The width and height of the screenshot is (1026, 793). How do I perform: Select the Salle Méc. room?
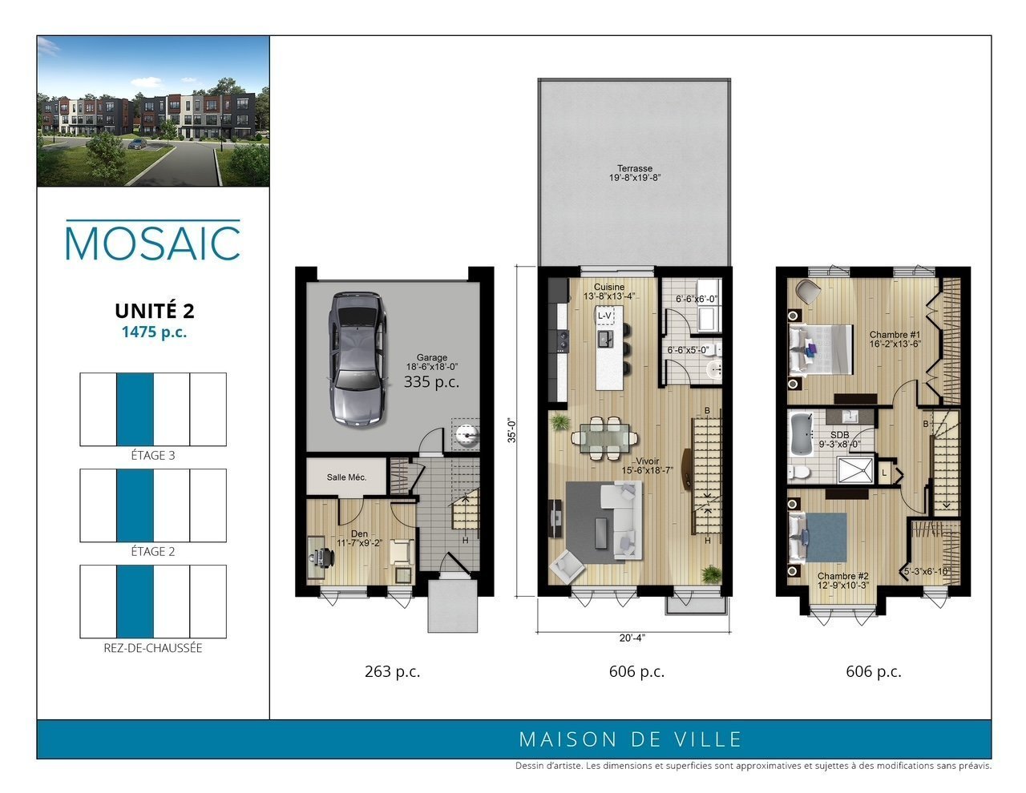coord(346,477)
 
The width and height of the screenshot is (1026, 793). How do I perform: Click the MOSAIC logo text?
coord(153,243)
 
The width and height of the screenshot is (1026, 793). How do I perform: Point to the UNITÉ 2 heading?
coord(155,311)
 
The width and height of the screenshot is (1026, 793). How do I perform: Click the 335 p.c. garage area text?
coord(431,381)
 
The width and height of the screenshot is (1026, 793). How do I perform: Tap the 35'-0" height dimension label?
coord(512,430)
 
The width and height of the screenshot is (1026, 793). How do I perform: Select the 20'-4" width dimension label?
coord(632,638)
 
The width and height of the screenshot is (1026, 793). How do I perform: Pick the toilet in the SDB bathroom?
coord(798,471)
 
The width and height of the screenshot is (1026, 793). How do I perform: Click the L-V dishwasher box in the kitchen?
coord(605,316)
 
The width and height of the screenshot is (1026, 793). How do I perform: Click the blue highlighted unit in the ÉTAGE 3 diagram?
coord(135,409)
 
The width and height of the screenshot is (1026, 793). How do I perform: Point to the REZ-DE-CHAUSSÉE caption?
coord(153,648)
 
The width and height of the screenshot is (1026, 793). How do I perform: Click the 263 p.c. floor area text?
coord(392,671)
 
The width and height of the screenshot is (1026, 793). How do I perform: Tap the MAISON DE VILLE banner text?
coord(630,739)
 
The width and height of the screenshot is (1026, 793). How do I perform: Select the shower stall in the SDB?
coord(855,470)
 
